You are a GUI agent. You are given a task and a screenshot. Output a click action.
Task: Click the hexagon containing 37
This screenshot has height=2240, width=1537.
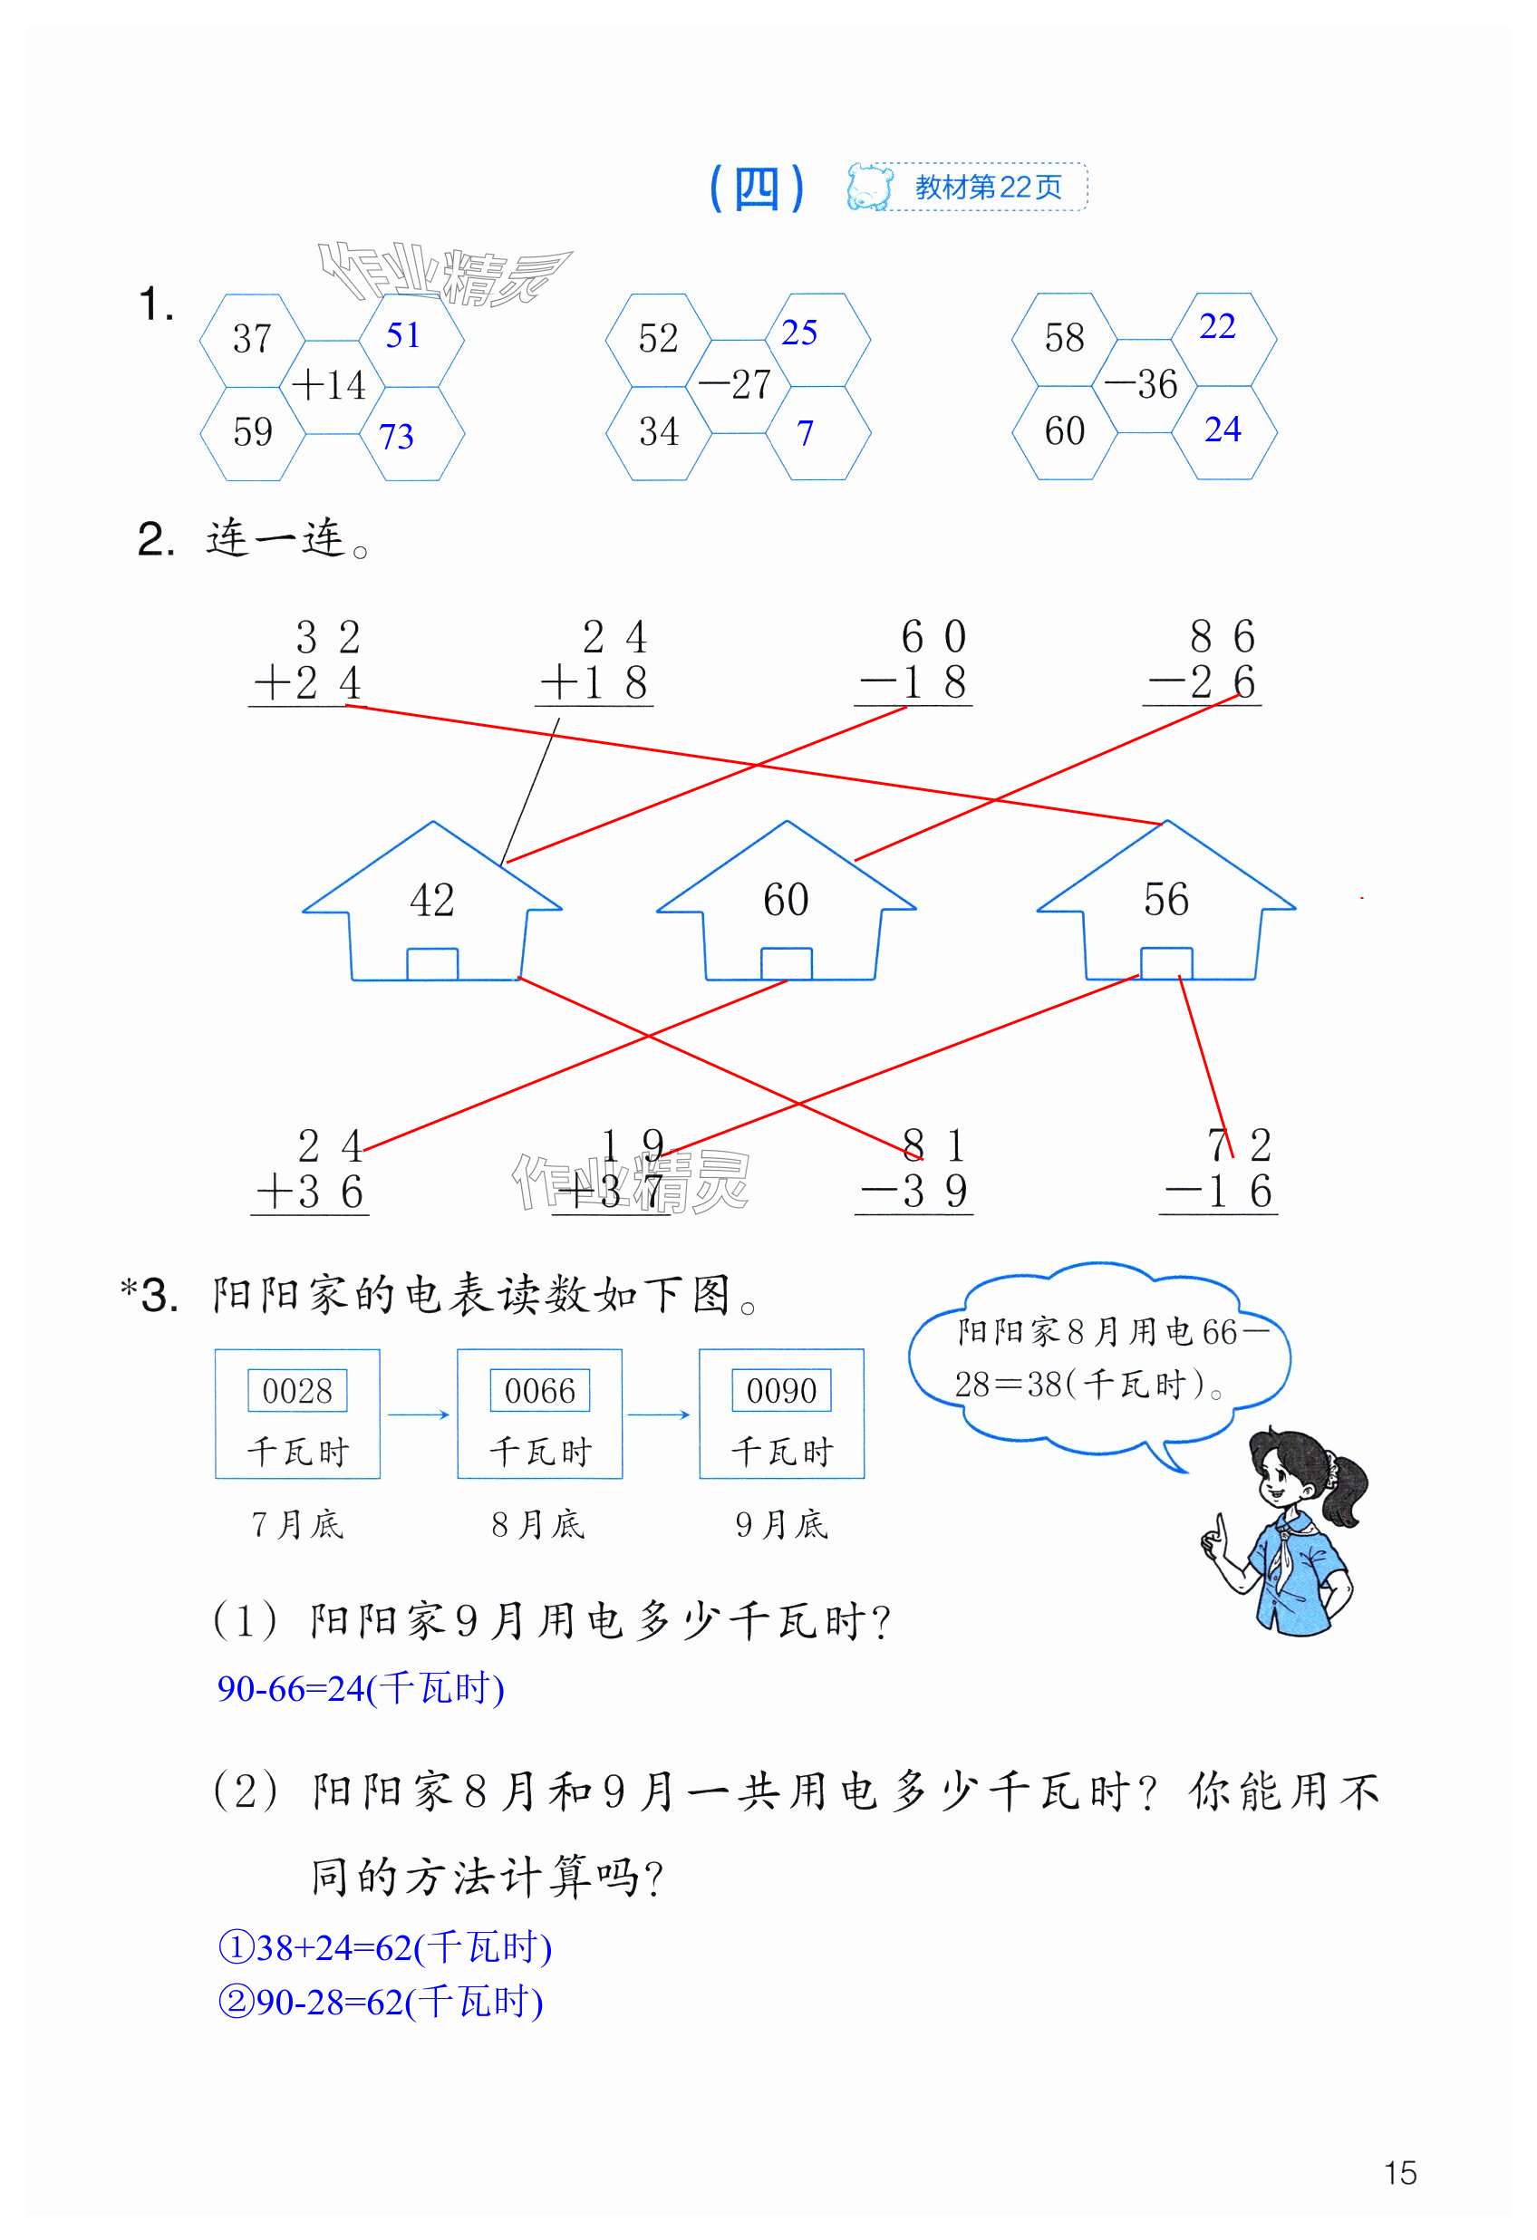[253, 339]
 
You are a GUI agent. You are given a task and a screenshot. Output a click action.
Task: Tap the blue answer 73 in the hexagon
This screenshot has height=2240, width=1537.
[396, 437]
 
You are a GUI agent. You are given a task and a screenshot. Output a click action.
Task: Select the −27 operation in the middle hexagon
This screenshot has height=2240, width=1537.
[737, 385]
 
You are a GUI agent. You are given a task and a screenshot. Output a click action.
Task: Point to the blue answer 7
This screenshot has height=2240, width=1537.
[805, 434]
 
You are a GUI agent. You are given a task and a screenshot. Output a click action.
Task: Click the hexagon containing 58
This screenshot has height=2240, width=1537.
[1065, 338]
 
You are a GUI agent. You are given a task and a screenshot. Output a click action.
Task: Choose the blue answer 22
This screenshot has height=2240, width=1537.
[1217, 327]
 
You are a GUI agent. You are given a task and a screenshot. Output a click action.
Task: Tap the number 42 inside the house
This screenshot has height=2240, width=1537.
[432, 900]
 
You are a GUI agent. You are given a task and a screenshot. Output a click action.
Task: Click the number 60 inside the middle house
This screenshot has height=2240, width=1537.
[786, 900]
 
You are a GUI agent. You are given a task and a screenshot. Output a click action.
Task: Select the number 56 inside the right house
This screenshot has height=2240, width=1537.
[1165, 900]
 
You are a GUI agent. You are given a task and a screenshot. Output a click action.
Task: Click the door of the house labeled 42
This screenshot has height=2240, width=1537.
[432, 964]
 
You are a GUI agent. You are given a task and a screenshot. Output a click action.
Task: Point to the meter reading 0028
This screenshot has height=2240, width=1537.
[297, 1391]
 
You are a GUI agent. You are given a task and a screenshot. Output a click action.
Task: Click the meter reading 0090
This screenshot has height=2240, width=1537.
[781, 1391]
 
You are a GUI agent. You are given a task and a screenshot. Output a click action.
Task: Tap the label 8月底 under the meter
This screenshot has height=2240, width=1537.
[538, 1525]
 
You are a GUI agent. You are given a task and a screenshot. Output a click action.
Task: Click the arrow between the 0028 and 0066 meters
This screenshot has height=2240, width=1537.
[419, 1414]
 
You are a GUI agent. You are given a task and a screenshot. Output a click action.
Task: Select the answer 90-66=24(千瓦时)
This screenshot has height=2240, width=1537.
[361, 1689]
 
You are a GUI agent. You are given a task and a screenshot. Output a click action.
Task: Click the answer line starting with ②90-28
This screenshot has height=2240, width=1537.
[381, 2002]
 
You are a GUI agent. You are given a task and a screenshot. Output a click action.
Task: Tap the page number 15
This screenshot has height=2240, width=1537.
[1400, 2173]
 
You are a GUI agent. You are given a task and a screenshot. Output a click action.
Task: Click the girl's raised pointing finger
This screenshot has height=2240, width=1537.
[1221, 1528]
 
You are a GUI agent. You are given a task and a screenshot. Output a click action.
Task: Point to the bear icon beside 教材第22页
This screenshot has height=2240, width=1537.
[869, 187]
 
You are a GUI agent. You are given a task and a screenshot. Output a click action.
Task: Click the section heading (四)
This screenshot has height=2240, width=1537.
[757, 188]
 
